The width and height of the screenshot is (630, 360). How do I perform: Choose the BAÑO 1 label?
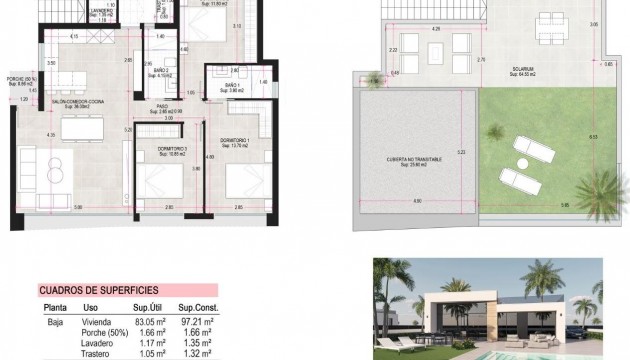point(232,88)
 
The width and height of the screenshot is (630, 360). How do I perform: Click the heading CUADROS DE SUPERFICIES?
point(96,291)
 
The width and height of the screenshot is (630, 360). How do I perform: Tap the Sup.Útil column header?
point(140,307)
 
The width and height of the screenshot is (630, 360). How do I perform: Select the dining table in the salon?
point(86,128)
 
